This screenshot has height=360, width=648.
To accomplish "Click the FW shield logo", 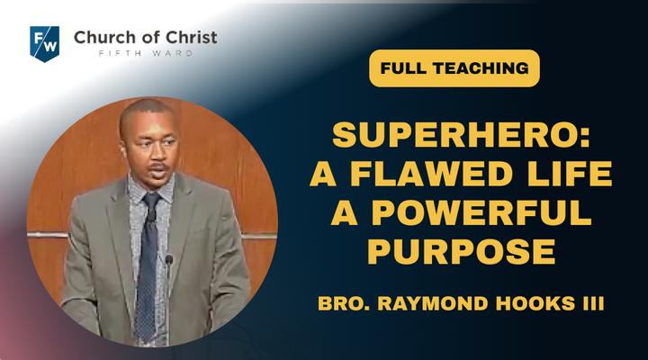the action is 45,44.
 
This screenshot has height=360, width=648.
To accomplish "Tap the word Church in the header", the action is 102,37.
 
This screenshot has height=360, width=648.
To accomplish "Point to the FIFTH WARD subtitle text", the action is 146,53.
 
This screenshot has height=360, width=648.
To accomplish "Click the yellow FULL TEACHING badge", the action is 454,68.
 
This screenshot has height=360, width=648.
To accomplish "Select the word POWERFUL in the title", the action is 481,212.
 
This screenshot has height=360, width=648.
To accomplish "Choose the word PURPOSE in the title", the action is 461,251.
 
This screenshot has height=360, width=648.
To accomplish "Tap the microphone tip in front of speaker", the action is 169,260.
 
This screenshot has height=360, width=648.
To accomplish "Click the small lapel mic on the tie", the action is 152,215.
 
